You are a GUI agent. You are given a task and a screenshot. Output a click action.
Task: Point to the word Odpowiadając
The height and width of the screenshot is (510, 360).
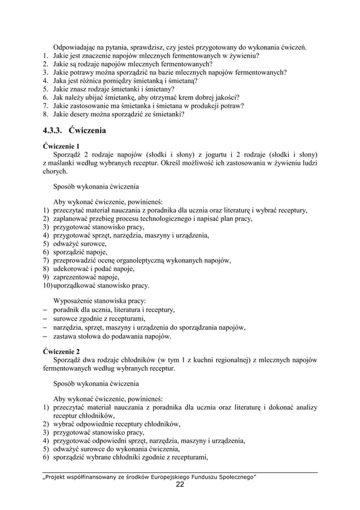76,46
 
